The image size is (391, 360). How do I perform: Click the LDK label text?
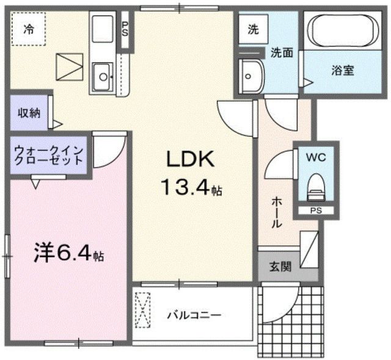pyautogui.click(x=190, y=160)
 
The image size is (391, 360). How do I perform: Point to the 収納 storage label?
pyautogui.click(x=28, y=113)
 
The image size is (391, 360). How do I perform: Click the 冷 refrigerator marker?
pyautogui.click(x=29, y=28)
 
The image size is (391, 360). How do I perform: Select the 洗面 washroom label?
pyautogui.click(x=282, y=53)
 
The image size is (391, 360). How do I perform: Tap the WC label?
pyautogui.click(x=315, y=157)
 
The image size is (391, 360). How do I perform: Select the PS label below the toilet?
pyautogui.click(x=315, y=211)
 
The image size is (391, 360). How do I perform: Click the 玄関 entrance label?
pyautogui.click(x=281, y=266)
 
